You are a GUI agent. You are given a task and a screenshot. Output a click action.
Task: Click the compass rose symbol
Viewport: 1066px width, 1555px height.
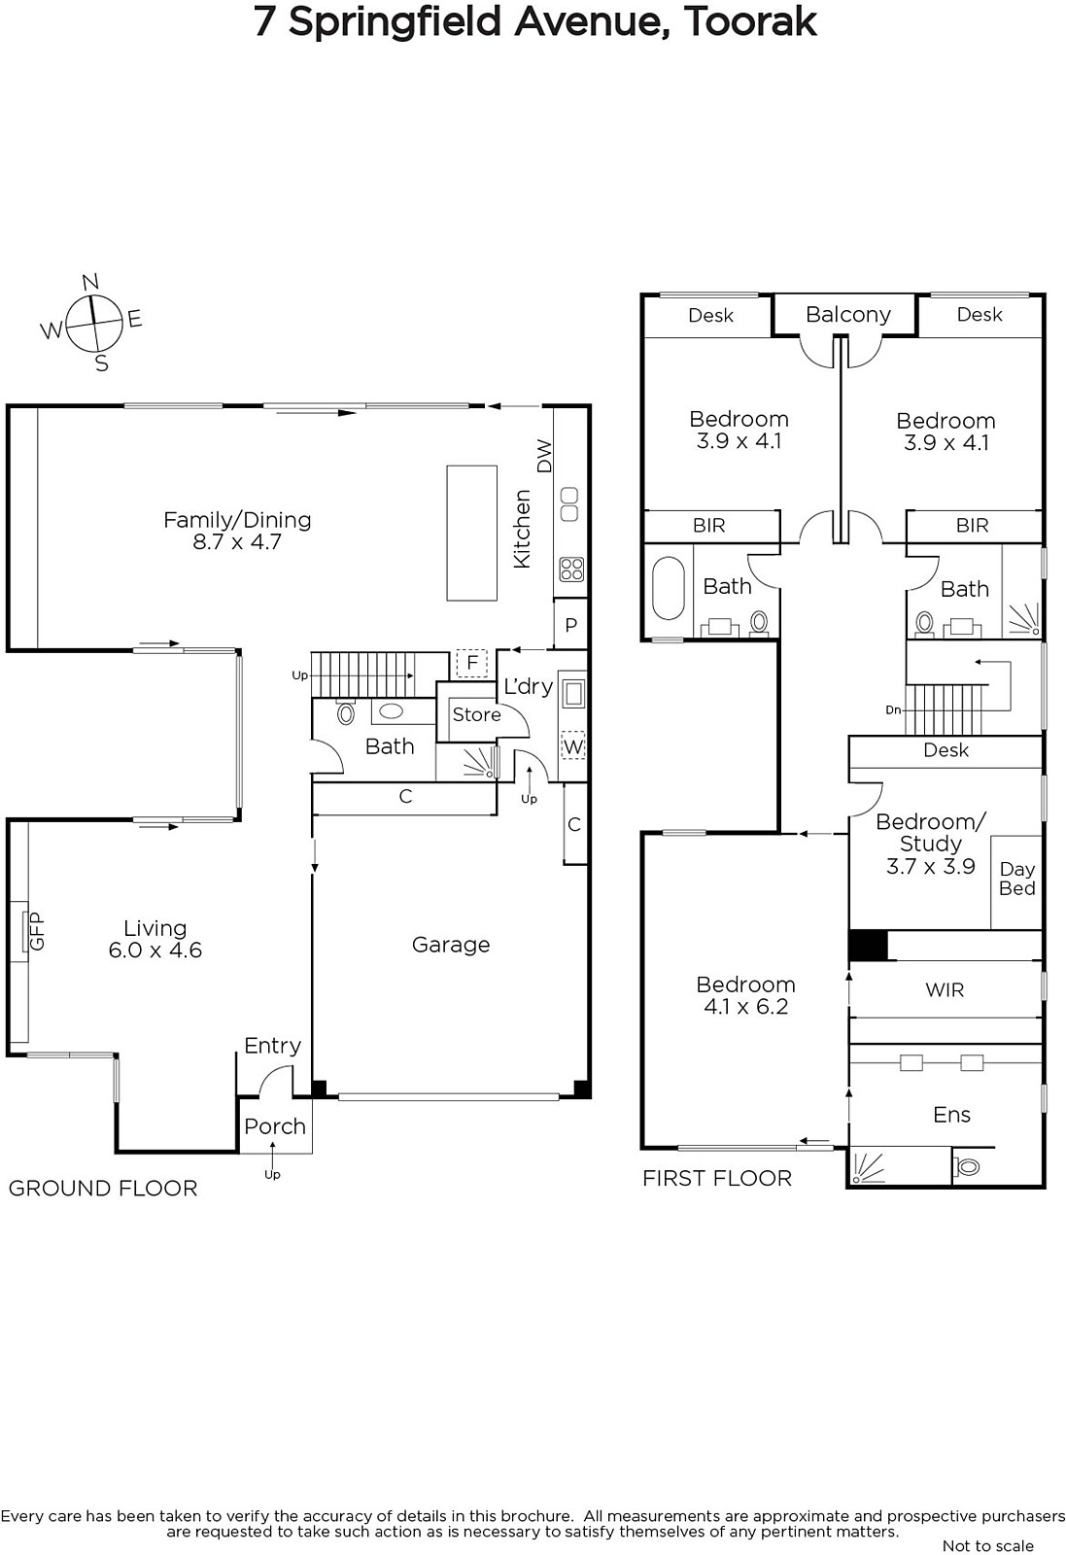click(93, 323)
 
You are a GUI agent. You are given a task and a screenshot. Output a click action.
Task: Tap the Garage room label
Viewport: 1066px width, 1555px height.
click(451, 945)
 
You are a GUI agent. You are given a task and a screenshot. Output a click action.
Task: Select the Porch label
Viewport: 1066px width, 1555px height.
click(275, 1126)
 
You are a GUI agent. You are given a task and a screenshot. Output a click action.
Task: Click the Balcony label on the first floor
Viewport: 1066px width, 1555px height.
click(848, 315)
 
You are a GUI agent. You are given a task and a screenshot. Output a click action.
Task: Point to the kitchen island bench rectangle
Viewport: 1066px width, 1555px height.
click(472, 533)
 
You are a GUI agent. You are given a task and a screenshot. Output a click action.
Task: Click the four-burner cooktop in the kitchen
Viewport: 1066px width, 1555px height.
click(571, 570)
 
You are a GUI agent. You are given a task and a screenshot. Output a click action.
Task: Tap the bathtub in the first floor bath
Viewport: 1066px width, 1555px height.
click(669, 588)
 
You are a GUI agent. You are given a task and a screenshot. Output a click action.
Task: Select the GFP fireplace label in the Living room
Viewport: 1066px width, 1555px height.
click(36, 930)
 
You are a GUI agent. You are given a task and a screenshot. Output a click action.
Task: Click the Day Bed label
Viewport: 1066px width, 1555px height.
click(1016, 879)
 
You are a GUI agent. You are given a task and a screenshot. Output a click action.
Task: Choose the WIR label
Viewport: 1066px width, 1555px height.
click(945, 990)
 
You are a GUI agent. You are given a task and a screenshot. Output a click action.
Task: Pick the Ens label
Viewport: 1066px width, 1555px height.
click(951, 1115)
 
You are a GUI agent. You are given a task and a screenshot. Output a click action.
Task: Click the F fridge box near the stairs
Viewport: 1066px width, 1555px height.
click(472, 664)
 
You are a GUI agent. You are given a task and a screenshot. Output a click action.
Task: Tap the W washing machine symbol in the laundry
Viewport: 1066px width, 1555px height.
click(572, 747)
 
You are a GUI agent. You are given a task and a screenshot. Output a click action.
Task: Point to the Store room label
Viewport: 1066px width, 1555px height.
click(477, 714)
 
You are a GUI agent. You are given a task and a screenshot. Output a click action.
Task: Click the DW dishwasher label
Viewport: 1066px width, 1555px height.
click(545, 456)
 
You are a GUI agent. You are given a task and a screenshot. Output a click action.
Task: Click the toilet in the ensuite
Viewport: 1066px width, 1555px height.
click(967, 1167)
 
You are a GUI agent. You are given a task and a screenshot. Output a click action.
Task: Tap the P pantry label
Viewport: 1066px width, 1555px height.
click(570, 626)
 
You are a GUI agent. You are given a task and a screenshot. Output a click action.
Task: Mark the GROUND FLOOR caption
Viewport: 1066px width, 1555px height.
click(103, 1189)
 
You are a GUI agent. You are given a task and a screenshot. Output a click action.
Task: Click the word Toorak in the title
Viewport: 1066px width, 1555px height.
click(750, 21)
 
